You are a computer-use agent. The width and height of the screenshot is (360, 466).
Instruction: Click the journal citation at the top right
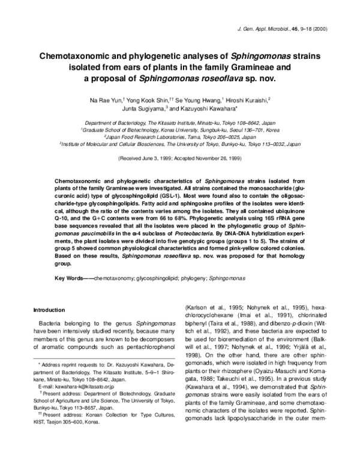tap(281, 29)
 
